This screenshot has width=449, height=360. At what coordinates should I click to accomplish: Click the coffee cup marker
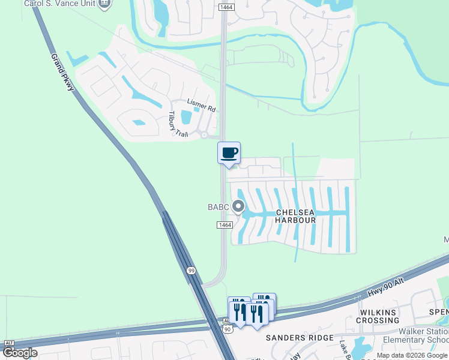[x=228, y=152]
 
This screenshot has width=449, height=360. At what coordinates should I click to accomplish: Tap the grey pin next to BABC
[x=238, y=207]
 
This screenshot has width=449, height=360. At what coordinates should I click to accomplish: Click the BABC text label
[x=218, y=208]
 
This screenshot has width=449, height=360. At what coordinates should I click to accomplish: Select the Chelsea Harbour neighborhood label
[x=295, y=216]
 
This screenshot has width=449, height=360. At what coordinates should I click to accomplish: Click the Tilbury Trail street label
[x=178, y=125]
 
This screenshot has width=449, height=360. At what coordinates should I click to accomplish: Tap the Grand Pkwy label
[x=62, y=71]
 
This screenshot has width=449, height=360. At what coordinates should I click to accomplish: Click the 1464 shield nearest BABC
[x=224, y=224]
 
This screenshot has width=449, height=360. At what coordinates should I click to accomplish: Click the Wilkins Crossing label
[x=378, y=317]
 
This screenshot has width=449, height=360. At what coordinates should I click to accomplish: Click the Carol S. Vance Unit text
[x=59, y=4]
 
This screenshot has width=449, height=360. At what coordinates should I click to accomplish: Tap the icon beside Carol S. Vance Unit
[x=105, y=4]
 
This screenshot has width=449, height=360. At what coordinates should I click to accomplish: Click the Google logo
[x=20, y=352]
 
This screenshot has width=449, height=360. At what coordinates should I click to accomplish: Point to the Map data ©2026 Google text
[x=412, y=355]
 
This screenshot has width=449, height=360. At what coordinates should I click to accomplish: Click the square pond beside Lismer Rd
[x=186, y=117]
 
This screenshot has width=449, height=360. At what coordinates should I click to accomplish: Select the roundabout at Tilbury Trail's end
[x=205, y=135]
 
